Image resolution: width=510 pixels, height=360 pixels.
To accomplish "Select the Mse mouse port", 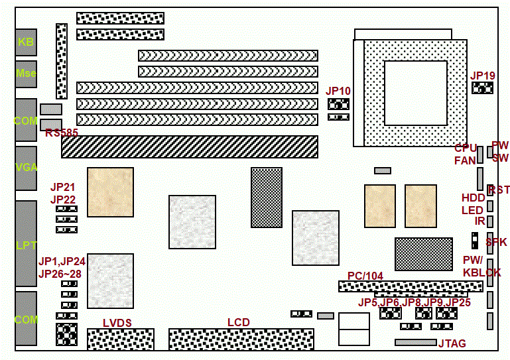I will coord(26,74).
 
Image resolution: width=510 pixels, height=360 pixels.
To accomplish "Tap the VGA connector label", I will coord(26,167).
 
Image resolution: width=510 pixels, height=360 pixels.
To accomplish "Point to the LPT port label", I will coord(26,245).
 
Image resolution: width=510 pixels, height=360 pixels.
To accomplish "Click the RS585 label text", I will coord(62,133).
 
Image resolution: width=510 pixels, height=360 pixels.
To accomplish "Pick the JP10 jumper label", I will coord(338,90).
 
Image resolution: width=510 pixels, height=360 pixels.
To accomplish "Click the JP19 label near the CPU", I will coord(483,76).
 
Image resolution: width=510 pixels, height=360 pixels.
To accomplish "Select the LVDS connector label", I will coord(117,323).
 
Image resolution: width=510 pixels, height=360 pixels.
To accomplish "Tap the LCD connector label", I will coord(239,323).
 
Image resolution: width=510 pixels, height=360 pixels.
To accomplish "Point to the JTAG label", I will coord(452,343).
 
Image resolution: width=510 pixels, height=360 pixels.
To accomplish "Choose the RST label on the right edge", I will coord(499,190).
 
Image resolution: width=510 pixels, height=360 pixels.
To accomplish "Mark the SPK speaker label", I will coord(496,243).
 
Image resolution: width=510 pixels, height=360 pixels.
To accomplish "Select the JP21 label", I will coord(63,188).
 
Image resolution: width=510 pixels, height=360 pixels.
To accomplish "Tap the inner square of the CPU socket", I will coord(416,91).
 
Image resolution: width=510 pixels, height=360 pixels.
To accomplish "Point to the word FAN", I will coord(465,160).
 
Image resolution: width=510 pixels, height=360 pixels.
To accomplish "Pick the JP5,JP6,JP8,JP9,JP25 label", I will coord(414,302).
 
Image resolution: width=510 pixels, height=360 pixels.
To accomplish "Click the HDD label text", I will coord(473,198).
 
